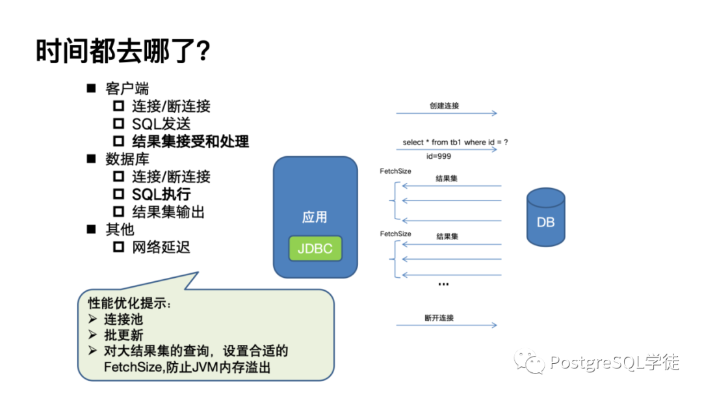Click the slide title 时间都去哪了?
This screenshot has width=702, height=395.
coord(123,50)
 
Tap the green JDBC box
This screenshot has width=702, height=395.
coord(315,249)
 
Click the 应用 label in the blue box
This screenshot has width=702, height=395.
coord(315,217)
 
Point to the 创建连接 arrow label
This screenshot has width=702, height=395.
coord(445,105)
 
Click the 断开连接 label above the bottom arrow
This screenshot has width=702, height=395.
coord(439,318)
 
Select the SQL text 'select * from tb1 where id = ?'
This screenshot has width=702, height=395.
coord(455,143)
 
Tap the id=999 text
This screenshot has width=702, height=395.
coord(439,156)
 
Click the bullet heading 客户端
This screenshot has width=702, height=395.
coord(127,89)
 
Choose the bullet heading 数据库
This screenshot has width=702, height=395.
coord(127,159)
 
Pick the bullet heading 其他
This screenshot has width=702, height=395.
coord(120,229)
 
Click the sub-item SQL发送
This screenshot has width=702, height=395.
coord(161,124)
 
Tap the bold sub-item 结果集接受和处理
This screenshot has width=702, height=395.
coord(190,141)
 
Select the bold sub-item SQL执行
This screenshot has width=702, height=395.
coord(161,194)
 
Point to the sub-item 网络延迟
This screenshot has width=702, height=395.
coord(161,247)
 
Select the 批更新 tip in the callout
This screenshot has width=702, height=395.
coord(123,335)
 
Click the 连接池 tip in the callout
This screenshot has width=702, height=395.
coord(123,320)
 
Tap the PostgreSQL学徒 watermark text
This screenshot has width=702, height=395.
coord(614,362)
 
